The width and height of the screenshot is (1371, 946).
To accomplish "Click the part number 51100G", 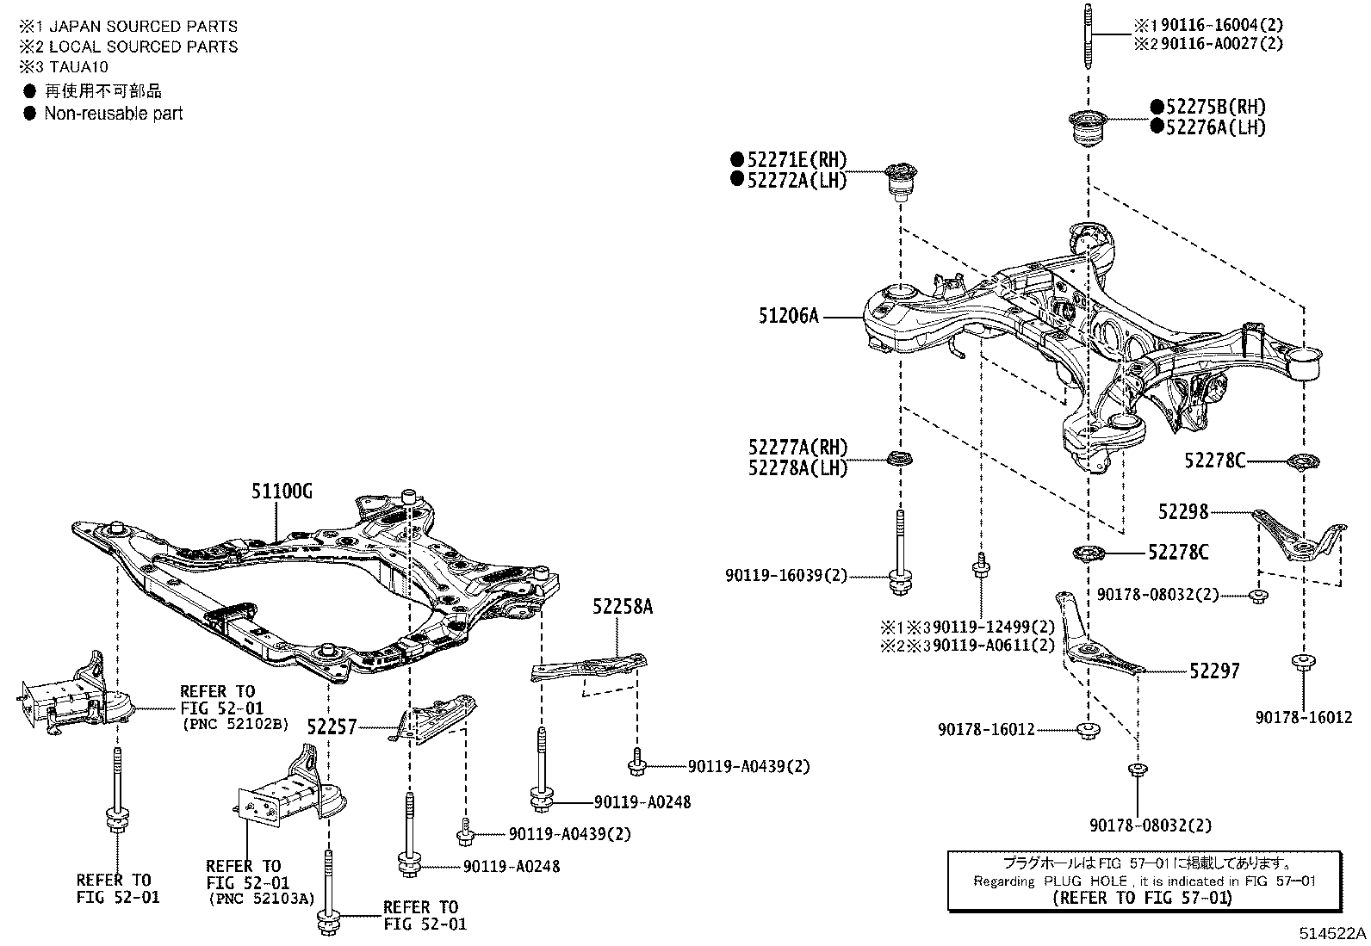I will click(x=282, y=492).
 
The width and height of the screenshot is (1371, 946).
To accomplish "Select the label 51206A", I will click(x=788, y=316).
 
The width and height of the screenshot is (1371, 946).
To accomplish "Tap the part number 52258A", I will click(x=622, y=607).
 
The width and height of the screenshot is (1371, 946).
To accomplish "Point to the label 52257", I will click(x=332, y=727).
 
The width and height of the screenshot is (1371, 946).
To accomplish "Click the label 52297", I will click(x=1214, y=671).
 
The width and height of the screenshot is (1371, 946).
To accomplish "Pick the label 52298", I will click(x=1183, y=512).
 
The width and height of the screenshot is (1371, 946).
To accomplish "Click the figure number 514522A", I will click(x=1333, y=933).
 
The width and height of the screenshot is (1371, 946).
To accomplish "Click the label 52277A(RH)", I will click(x=797, y=448).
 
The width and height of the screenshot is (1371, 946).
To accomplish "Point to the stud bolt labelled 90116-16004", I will click(x=1088, y=36).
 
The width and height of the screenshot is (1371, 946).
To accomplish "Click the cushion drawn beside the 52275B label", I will click(x=1088, y=129).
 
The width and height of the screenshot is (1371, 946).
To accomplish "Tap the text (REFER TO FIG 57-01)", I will click(x=1142, y=898).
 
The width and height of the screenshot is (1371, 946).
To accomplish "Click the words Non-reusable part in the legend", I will click(x=114, y=114).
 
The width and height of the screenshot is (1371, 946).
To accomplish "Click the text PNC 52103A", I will click(x=261, y=898).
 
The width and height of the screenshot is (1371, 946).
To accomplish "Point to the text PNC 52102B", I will click(x=235, y=725).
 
